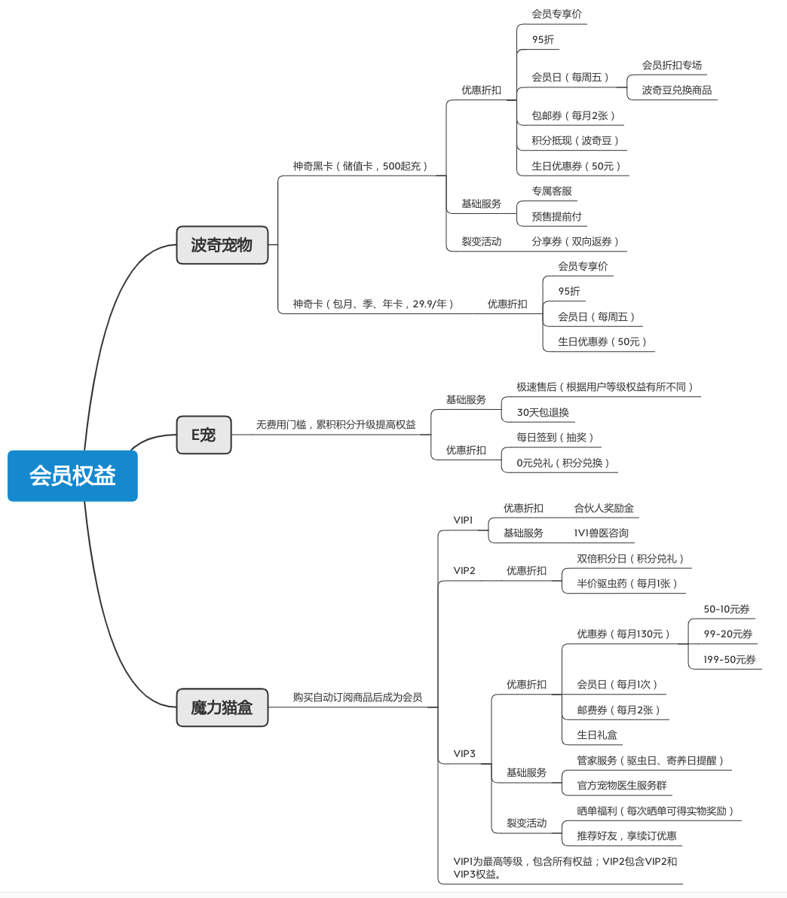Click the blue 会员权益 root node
(x=72, y=475)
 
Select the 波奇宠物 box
(x=222, y=245)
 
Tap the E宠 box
(x=204, y=435)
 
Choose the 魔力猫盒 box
(x=222, y=707)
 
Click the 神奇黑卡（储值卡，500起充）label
(x=360, y=166)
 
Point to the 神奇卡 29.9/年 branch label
(x=373, y=304)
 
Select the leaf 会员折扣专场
(x=672, y=65)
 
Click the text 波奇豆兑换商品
(x=676, y=90)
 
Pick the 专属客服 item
(x=552, y=191)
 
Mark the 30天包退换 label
(x=543, y=412)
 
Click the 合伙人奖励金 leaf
(x=604, y=508)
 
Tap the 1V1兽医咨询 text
(x=601, y=533)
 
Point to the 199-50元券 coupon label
(x=730, y=659)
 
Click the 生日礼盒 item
(x=597, y=735)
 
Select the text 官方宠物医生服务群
(x=622, y=785)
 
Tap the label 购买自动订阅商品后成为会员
(x=357, y=697)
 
